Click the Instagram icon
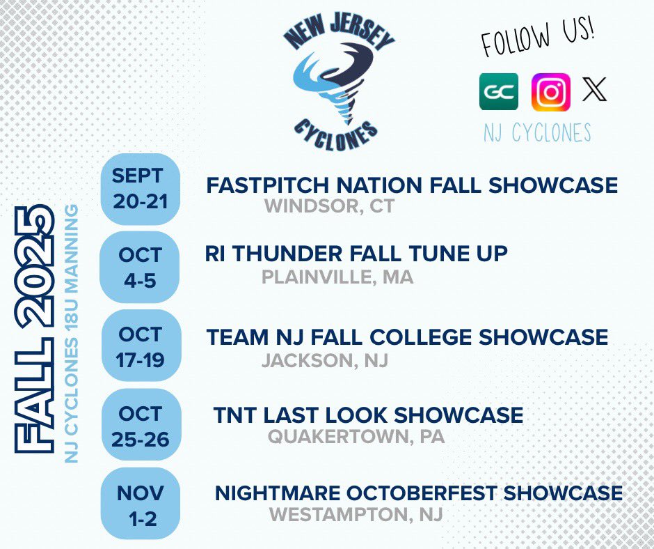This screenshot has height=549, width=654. (550, 92)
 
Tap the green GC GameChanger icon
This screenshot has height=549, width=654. (499, 92)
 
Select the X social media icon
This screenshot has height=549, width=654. (594, 89)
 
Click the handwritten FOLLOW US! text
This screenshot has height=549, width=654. (539, 40)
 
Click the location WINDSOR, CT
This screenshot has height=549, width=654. (330, 207)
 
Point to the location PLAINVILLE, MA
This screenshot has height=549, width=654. (337, 277)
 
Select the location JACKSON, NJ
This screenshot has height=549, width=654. (325, 361)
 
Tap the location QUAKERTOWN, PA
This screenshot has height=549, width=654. (356, 437)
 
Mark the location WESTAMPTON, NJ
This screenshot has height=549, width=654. (356, 516)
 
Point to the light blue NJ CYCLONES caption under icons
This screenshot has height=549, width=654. (537, 132)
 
